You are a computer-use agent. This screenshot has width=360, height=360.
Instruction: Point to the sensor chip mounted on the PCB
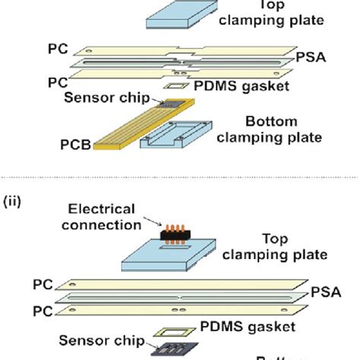[x=179, y=102]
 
